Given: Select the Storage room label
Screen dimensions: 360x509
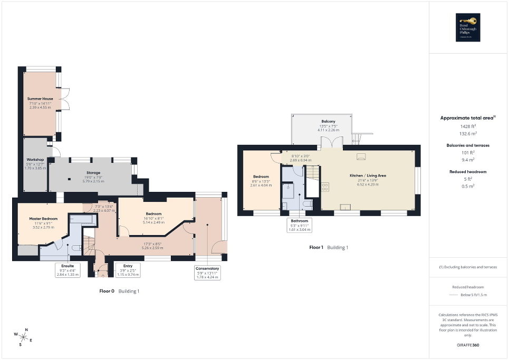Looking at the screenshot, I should click(x=93, y=172).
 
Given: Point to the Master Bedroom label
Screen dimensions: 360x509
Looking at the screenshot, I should click(x=43, y=218).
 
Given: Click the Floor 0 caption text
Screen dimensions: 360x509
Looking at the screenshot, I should click(x=108, y=291).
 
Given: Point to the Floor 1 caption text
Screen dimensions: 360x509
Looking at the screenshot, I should click(x=318, y=247).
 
